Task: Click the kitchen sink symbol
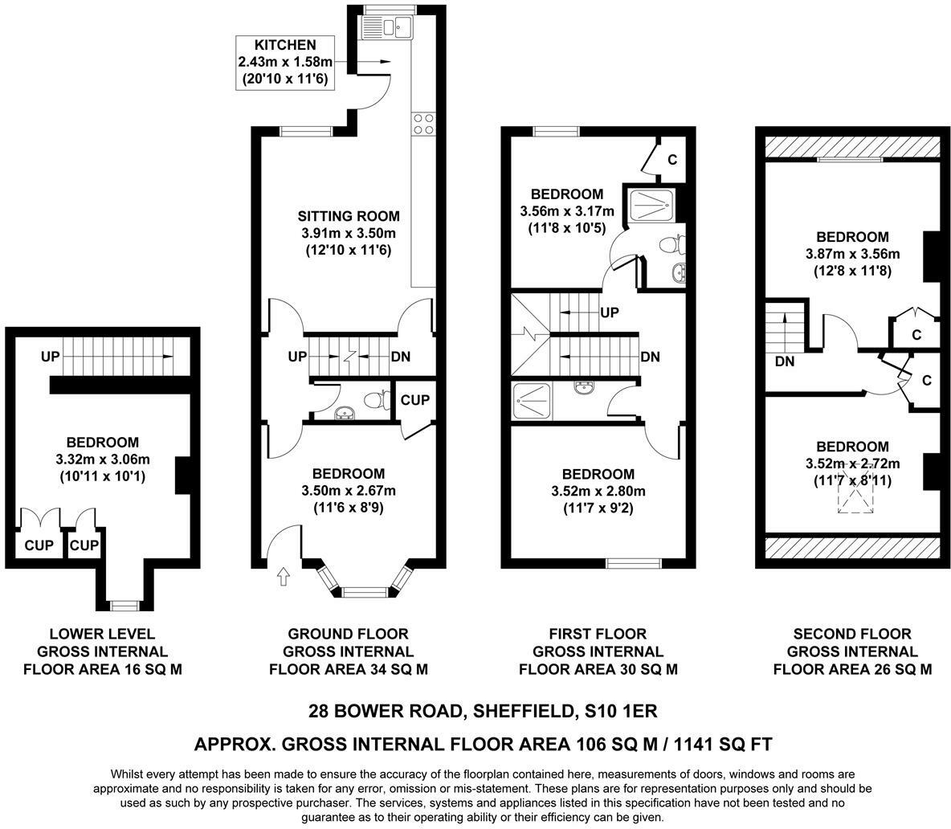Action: pyautogui.click(x=386, y=27)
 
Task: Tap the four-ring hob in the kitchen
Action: pyautogui.click(x=423, y=124)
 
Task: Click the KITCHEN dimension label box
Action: pyautogui.click(x=286, y=62)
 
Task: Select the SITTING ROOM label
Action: pyautogui.click(x=348, y=216)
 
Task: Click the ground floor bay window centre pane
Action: pyautogui.click(x=363, y=592)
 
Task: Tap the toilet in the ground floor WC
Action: pyautogui.click(x=378, y=400)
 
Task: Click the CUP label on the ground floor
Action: pyautogui.click(x=414, y=400)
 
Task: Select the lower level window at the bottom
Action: pyautogui.click(x=125, y=605)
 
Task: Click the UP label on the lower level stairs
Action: pyautogui.click(x=51, y=357)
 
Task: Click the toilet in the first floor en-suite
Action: pyautogui.click(x=671, y=245)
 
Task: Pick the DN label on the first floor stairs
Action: pyautogui.click(x=650, y=357)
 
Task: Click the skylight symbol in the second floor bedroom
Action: pyautogui.click(x=855, y=491)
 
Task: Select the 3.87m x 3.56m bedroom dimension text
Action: pyautogui.click(x=853, y=254)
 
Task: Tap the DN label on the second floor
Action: pyautogui.click(x=785, y=361)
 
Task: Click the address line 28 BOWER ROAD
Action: pyautogui.click(x=386, y=711)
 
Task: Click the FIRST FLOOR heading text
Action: pyautogui.click(x=598, y=635)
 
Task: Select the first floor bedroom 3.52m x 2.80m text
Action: pyautogui.click(x=598, y=491)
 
